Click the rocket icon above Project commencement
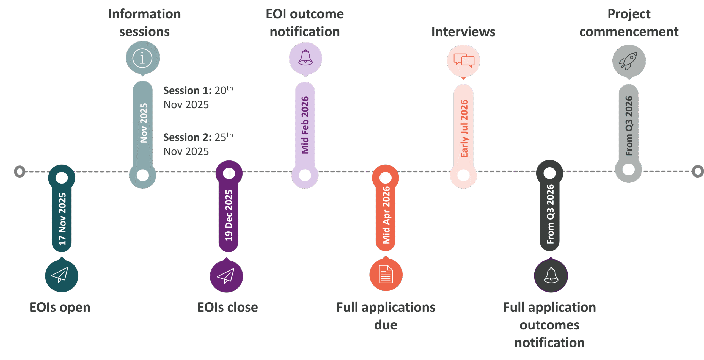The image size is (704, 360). (629, 61)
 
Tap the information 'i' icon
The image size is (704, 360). (142, 58)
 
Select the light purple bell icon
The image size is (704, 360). (306, 58)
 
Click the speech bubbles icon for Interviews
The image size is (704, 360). (464, 60)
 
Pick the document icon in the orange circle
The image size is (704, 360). (386, 274)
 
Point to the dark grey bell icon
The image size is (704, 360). (551, 275)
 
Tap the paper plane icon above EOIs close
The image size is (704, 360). (226, 276)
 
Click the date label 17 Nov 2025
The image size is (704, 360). (62, 219)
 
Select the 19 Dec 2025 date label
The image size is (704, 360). (229, 215)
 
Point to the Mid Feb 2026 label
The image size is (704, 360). (305, 125)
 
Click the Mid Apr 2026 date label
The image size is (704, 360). (386, 215)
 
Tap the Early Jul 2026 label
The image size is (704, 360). (464, 128)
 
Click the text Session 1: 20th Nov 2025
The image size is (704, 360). (198, 97)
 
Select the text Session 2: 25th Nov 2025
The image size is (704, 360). (198, 144)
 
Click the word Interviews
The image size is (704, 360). (463, 32)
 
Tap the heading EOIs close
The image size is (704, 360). (227, 308)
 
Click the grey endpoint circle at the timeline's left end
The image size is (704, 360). (20, 171)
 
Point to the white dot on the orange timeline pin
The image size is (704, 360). (386, 178)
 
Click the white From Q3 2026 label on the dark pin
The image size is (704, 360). (550, 214)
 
